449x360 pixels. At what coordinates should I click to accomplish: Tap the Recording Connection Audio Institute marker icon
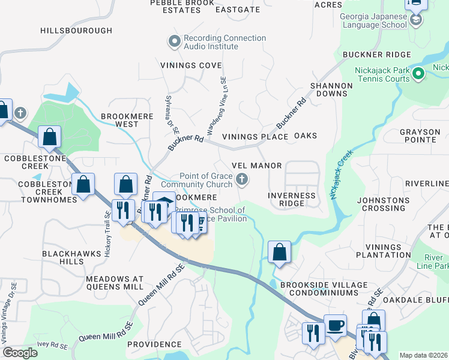pos(175,41)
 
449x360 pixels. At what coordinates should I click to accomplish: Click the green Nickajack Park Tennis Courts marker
pos(419,74)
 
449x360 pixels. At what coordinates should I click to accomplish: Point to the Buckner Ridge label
pos(376,55)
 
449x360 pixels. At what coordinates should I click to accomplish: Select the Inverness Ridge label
pos(291,199)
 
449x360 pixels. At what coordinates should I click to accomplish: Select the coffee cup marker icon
pos(335,326)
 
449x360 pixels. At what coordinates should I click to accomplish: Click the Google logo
pos(20,353)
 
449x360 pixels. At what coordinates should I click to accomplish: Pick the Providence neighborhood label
pos(154,344)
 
